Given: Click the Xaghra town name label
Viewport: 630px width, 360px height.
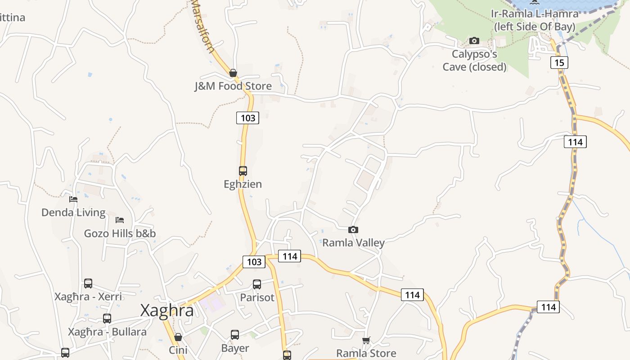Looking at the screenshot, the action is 167,310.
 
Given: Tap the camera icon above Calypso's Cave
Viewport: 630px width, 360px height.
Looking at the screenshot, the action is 474,41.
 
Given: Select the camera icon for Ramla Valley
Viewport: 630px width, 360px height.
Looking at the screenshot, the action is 353,230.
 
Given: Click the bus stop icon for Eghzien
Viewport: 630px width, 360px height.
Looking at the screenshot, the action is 243,171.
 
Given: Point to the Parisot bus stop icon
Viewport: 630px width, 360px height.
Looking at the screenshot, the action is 257,284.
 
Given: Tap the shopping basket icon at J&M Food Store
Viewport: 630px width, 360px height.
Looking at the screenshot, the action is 233,73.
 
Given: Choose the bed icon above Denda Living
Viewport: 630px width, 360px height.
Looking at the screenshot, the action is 73,199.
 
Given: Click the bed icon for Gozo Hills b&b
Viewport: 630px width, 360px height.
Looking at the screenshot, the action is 120,220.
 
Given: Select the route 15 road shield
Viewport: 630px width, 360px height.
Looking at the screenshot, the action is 559,63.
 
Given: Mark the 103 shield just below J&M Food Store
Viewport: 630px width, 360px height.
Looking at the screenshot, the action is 247,118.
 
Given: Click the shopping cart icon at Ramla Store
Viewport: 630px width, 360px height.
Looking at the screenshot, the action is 366,340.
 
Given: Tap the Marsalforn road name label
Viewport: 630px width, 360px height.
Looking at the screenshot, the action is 203,26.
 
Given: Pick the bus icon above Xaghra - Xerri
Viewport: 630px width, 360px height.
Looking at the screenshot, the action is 88,283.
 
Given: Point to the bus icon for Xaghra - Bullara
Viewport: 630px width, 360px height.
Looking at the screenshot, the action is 107,319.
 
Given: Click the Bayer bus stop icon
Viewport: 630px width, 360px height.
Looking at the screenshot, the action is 235,335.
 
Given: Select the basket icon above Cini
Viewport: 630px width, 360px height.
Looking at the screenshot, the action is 178,337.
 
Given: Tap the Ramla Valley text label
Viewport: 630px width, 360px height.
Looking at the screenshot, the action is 353,243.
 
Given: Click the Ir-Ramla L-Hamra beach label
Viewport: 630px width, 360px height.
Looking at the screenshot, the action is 535,20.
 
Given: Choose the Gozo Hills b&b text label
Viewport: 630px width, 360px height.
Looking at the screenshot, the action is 120,234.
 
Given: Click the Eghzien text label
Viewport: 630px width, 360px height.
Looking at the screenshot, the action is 243,184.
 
